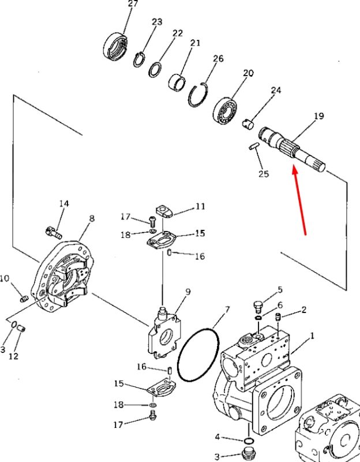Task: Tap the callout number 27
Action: click(x=133, y=4)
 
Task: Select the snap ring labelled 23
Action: click(x=139, y=60)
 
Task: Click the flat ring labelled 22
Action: click(x=155, y=70)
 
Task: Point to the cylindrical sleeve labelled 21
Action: click(x=177, y=82)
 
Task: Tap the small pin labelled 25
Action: click(x=254, y=147)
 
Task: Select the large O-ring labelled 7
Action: click(x=198, y=354)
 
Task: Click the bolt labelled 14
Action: click(x=54, y=232)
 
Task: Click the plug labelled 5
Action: click(x=258, y=307)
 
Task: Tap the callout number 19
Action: click(x=318, y=116)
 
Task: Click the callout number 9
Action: click(x=187, y=292)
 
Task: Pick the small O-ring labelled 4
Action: click(x=249, y=441)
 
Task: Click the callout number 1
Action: click(x=312, y=336)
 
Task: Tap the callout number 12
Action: click(x=13, y=356)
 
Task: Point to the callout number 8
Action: click(x=92, y=218)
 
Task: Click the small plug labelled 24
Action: click(x=248, y=123)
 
